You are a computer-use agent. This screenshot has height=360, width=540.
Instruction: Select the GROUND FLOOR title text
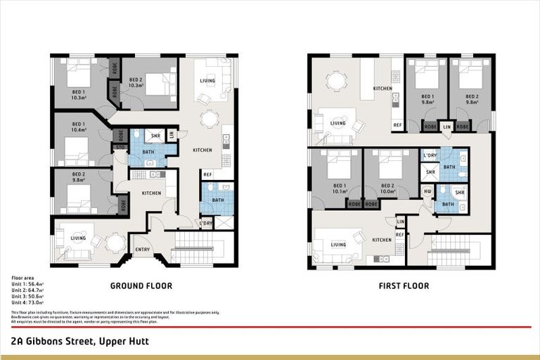[141, 286]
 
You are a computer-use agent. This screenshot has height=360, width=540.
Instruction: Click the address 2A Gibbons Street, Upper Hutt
[79, 341]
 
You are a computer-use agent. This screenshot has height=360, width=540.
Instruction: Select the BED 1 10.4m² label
[78, 127]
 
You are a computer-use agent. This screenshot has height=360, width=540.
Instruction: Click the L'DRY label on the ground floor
[206, 224]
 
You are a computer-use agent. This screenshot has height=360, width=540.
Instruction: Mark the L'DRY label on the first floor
[429, 155]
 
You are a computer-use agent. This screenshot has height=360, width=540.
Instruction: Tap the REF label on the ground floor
[207, 173]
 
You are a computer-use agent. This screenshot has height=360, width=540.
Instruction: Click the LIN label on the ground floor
[172, 134]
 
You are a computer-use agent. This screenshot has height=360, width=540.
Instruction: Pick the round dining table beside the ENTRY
[115, 242]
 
